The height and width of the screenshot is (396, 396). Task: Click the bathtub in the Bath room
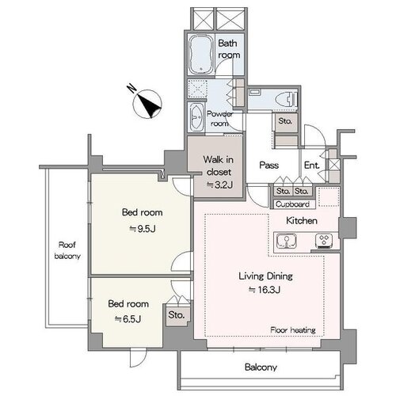(201, 55)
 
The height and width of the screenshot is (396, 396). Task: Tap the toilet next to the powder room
(287, 100)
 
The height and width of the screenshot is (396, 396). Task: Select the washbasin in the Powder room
(196, 116)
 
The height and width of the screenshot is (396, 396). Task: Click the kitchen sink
(286, 241)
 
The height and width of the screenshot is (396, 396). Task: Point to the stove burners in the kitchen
(324, 241)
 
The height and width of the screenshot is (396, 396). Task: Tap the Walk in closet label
(219, 166)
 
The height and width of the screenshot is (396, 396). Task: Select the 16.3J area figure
(265, 290)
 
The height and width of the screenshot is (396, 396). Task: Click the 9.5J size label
(143, 229)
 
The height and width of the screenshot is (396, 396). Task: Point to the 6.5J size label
(128, 319)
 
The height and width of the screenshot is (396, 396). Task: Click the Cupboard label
(292, 204)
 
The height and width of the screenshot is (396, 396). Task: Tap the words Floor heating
(293, 330)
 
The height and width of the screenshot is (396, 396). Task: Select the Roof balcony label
(67, 250)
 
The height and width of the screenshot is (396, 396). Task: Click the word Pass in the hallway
(268, 165)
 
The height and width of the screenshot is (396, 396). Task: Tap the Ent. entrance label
(312, 166)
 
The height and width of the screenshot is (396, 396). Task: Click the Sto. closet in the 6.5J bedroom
(177, 314)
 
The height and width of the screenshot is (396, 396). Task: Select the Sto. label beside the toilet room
(285, 121)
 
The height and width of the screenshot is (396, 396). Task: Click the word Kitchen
(302, 220)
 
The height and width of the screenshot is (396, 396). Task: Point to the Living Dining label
(266, 276)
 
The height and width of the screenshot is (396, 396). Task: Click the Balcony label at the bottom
(261, 367)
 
